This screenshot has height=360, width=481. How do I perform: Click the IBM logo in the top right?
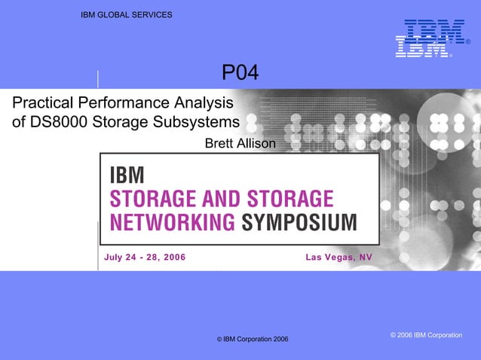(x=427, y=38)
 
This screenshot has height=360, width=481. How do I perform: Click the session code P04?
(x=240, y=73)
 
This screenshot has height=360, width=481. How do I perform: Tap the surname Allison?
(x=257, y=143)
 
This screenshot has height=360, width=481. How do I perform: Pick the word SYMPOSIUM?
(x=299, y=222)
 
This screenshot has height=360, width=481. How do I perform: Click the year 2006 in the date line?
(x=173, y=258)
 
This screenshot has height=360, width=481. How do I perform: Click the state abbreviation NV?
(x=366, y=258)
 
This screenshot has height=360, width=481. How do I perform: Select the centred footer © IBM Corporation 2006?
(x=253, y=340)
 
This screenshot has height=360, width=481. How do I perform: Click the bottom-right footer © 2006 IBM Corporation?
(x=426, y=334)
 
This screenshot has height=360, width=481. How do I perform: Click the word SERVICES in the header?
(x=154, y=15)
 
